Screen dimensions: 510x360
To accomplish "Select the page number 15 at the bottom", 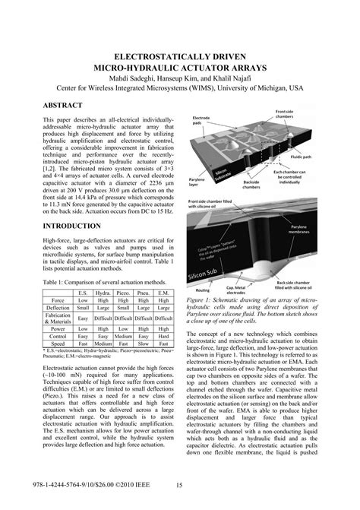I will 179,487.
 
